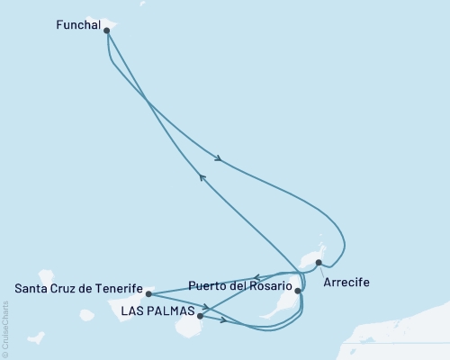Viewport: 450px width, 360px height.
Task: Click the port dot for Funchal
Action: click(107, 30)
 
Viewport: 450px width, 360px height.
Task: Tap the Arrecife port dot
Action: click(319, 263)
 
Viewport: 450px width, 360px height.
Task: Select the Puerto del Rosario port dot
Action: click(298, 291)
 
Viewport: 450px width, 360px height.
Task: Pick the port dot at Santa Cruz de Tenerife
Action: click(148, 293)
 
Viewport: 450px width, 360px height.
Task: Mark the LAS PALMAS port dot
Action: click(199, 316)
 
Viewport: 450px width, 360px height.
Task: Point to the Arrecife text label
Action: click(346, 282)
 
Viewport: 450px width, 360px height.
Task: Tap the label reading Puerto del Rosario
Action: click(239, 289)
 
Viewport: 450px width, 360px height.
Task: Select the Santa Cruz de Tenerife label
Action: click(79, 289)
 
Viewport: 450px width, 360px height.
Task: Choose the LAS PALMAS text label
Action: click(157, 311)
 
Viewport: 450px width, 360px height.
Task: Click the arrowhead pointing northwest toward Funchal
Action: click(202, 178)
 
